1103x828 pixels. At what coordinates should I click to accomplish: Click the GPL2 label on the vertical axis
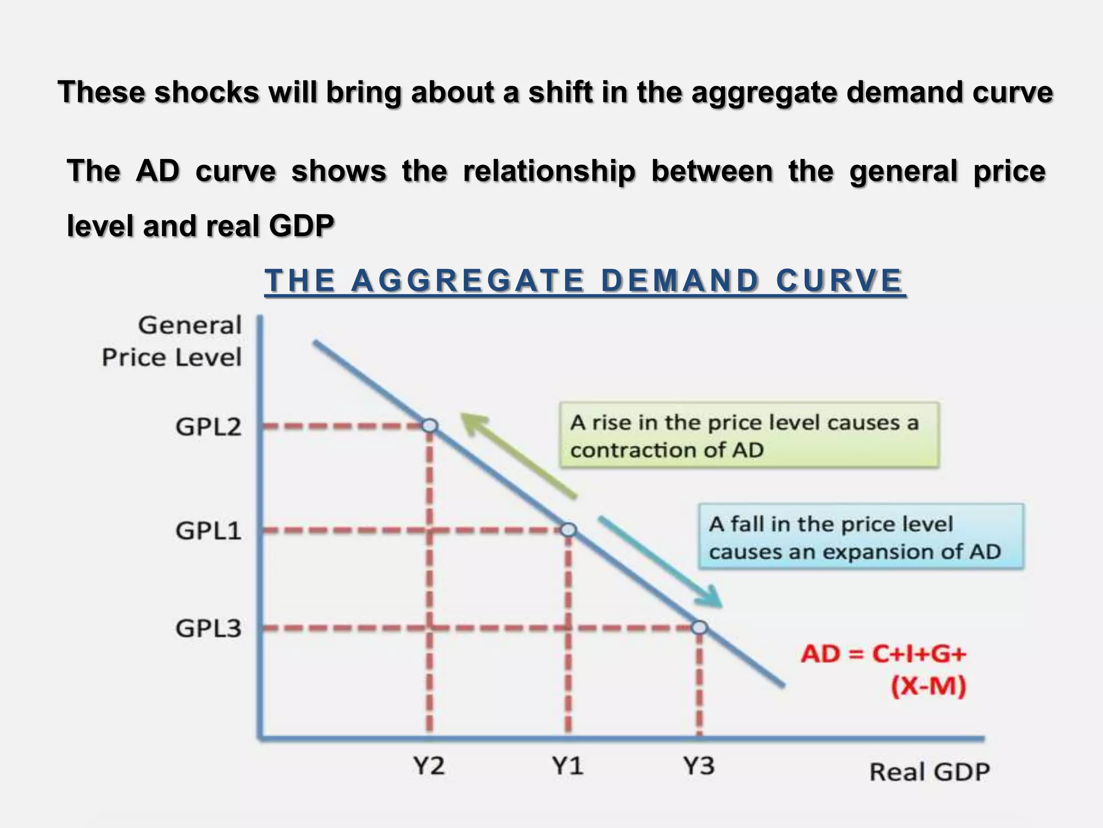pyautogui.click(x=208, y=427)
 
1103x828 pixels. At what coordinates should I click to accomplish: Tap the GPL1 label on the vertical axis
pyautogui.click(x=208, y=532)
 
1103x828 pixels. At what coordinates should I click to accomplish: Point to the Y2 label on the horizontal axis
pyautogui.click(x=429, y=765)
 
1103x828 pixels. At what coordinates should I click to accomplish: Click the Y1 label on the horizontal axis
pyautogui.click(x=568, y=765)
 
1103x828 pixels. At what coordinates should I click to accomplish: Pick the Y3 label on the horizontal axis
pyautogui.click(x=699, y=765)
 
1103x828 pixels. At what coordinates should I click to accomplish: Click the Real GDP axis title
pyautogui.click(x=930, y=772)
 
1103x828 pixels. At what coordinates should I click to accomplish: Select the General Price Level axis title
pyautogui.click(x=172, y=342)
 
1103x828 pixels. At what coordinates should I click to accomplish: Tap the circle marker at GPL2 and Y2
pyautogui.click(x=430, y=426)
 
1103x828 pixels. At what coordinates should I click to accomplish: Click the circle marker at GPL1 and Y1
pyautogui.click(x=569, y=530)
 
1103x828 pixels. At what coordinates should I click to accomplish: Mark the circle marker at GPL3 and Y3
pyautogui.click(x=699, y=627)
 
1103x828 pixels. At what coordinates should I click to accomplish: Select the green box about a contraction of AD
pyautogui.click(x=749, y=435)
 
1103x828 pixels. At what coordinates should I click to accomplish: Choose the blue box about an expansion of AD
pyautogui.click(x=861, y=537)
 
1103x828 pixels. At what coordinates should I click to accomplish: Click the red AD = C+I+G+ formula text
pyautogui.click(x=883, y=654)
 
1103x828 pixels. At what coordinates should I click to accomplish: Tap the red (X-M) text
pyautogui.click(x=928, y=687)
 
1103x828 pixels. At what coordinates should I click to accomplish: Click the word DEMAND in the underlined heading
pyautogui.click(x=680, y=281)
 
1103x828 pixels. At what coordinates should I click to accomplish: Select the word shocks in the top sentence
pyautogui.click(x=207, y=92)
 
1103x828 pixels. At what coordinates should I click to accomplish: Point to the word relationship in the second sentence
pyautogui.click(x=549, y=171)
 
